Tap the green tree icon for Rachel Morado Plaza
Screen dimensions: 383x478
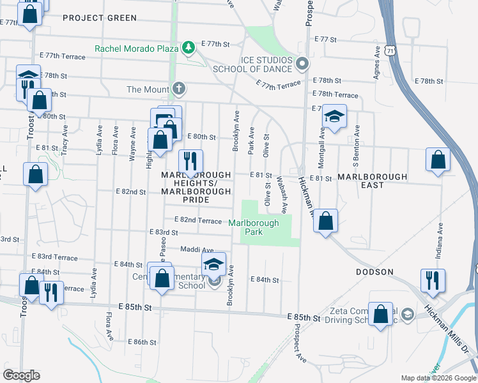[x=189, y=47]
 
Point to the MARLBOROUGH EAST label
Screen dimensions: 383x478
[x=372, y=181]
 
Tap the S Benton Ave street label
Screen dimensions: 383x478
[x=357, y=138]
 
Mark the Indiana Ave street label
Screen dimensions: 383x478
[x=440, y=243]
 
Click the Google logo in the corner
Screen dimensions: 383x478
[x=21, y=375]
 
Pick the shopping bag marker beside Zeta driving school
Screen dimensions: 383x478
[x=381, y=313]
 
